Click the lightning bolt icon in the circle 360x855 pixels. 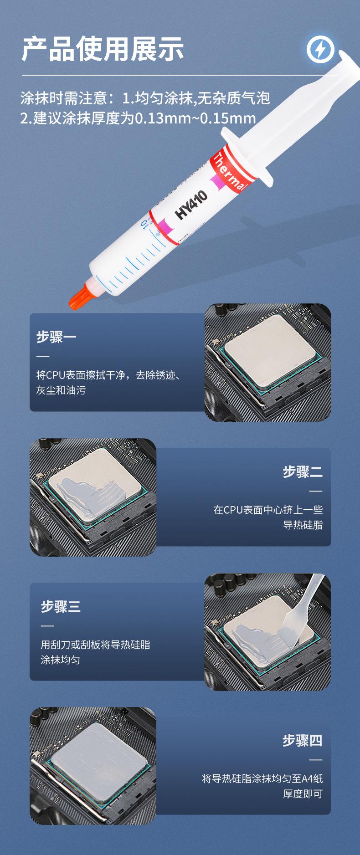point(320,49)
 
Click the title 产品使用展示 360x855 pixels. point(103,49)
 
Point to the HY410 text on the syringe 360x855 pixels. point(191,205)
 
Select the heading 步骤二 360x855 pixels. point(303,471)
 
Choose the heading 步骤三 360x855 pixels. point(61,606)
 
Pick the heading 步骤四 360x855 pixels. point(302,740)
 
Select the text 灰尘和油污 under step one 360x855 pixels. point(61,390)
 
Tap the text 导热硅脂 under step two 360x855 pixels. point(303,525)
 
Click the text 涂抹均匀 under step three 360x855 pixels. point(61,660)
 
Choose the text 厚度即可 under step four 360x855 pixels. point(303,794)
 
